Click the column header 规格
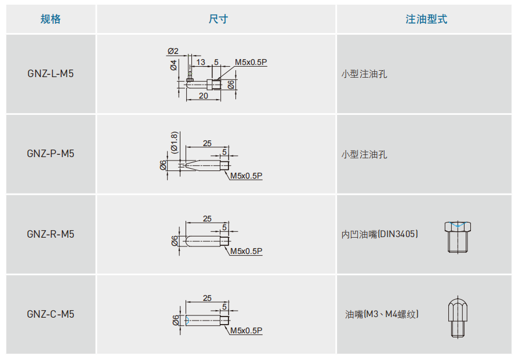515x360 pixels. point(50,19)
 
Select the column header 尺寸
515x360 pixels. point(218,19)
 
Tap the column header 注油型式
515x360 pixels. point(426,19)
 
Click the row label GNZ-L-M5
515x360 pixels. point(50,74)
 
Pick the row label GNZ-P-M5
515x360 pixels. point(50,154)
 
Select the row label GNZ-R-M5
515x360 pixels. point(50,234)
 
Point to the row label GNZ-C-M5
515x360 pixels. point(50,314)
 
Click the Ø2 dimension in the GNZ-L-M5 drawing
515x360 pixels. point(173,51)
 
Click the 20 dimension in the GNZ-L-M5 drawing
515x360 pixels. point(203,96)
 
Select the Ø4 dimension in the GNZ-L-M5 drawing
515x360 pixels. point(173,65)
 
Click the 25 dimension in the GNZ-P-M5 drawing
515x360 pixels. point(207,143)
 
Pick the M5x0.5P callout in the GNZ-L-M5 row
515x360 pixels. point(251,62)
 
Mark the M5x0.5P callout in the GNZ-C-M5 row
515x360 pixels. point(246,330)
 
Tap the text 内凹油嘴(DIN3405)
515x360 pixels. point(380,234)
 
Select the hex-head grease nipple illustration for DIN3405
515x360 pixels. point(458,236)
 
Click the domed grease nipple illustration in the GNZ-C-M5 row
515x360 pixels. point(458,317)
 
